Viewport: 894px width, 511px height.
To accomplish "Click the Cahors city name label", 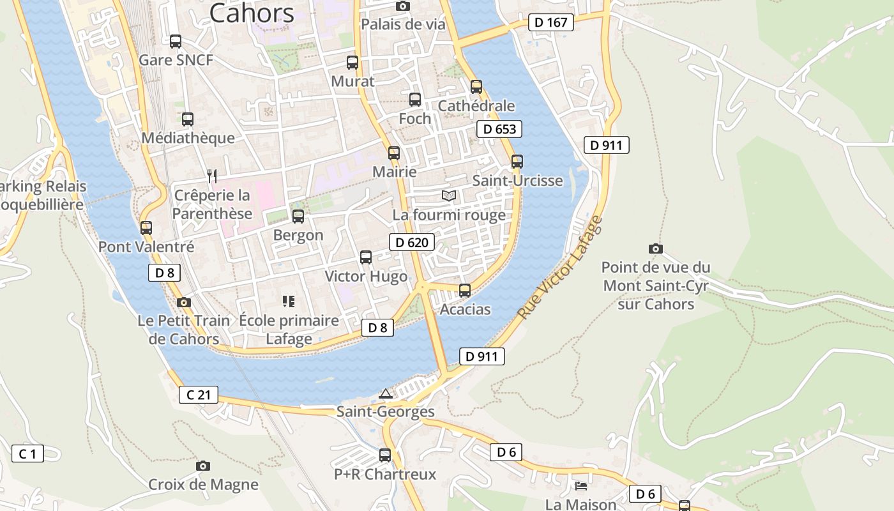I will pyautogui.click(x=252, y=13).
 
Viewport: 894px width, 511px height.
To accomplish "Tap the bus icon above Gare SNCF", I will pyautogui.click(x=176, y=42).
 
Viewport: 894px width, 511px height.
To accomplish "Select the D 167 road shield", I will pyautogui.click(x=551, y=22).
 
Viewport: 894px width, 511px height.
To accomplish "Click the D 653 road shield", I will pyautogui.click(x=499, y=129).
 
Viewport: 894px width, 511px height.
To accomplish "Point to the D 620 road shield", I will pyautogui.click(x=412, y=242).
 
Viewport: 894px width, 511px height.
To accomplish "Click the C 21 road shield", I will pyautogui.click(x=198, y=395).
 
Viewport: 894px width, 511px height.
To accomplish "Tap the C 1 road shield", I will pyautogui.click(x=27, y=454).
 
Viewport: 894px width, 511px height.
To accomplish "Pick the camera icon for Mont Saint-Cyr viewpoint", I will pyautogui.click(x=655, y=248).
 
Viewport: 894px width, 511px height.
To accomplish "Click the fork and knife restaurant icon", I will pyautogui.click(x=213, y=176).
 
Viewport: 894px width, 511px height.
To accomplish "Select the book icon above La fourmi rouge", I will pyautogui.click(x=449, y=195).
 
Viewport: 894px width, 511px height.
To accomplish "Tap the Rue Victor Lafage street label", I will pyautogui.click(x=560, y=268).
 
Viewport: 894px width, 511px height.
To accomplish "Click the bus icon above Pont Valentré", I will pyautogui.click(x=146, y=228).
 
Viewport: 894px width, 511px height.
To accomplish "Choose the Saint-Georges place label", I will pyautogui.click(x=386, y=411).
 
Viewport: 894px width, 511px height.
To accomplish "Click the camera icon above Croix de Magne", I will pyautogui.click(x=203, y=466).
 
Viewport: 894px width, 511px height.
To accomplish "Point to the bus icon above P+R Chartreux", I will pyautogui.click(x=385, y=455).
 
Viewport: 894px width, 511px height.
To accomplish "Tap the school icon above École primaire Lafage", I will pyautogui.click(x=289, y=301).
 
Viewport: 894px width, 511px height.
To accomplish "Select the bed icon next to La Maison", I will pyautogui.click(x=581, y=487).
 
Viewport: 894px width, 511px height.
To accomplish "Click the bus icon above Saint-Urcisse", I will pyautogui.click(x=517, y=162).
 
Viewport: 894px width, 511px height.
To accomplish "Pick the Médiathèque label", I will pyautogui.click(x=188, y=138).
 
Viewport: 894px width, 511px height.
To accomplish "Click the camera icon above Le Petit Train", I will pyautogui.click(x=184, y=302).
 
